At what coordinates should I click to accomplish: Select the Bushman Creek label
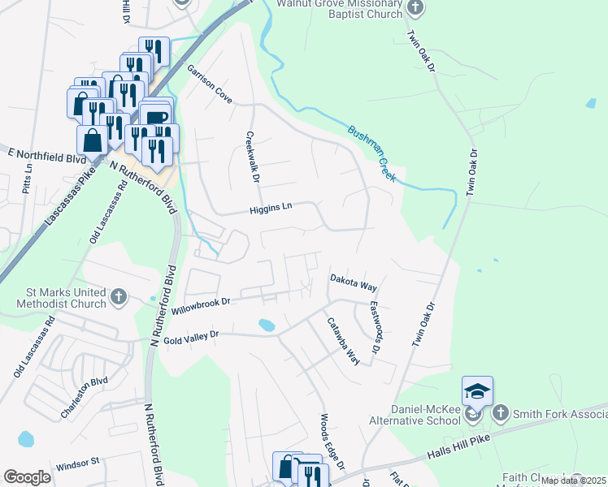(x=371, y=153)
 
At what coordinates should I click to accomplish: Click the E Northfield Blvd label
(x=46, y=152)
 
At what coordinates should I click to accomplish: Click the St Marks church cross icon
(x=119, y=296)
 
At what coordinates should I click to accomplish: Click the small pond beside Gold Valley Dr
(x=266, y=325)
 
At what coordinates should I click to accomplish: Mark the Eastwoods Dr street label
(x=374, y=327)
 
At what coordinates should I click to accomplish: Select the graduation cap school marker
(x=477, y=391)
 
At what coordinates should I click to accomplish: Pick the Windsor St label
(x=77, y=466)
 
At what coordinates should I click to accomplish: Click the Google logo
(x=27, y=477)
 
